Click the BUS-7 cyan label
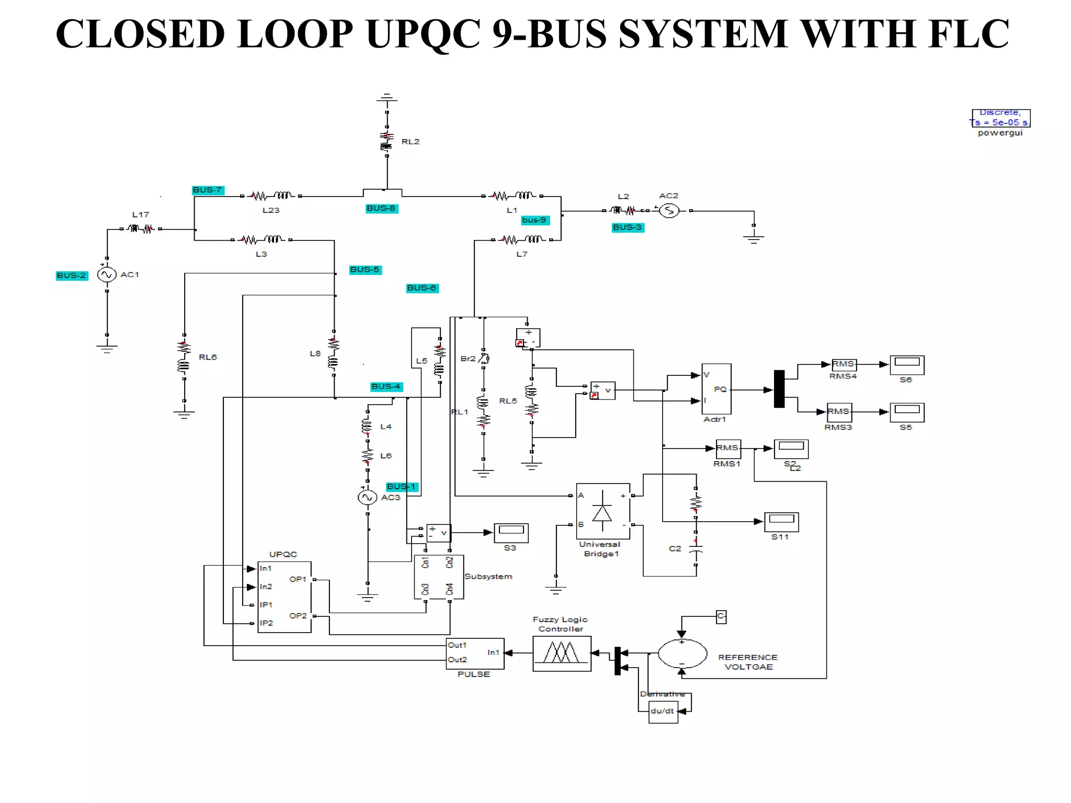click(208, 190)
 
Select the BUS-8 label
click(382, 209)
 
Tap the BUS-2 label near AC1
click(72, 276)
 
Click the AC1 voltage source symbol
click(107, 274)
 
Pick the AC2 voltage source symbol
click(669, 211)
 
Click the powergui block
click(1001, 118)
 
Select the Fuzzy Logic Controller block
click(562, 653)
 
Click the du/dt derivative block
click(663, 712)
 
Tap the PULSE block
click(475, 653)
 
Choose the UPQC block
click(284, 597)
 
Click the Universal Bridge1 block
click(602, 511)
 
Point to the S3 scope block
click(511, 533)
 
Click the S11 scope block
click(781, 522)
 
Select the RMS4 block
click(844, 364)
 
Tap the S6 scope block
click(907, 365)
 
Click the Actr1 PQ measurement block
click(716, 389)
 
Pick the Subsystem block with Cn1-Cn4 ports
click(438, 577)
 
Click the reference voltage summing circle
click(682, 653)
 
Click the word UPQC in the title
click(423, 34)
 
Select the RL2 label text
click(411, 142)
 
